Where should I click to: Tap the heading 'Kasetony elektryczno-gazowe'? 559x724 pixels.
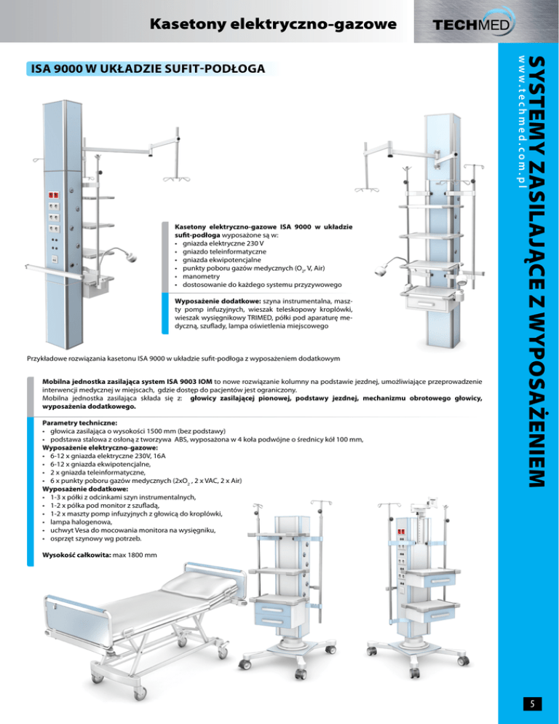pyautogui.click(x=273, y=25)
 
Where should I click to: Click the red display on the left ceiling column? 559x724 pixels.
pyautogui.click(x=55, y=195)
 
